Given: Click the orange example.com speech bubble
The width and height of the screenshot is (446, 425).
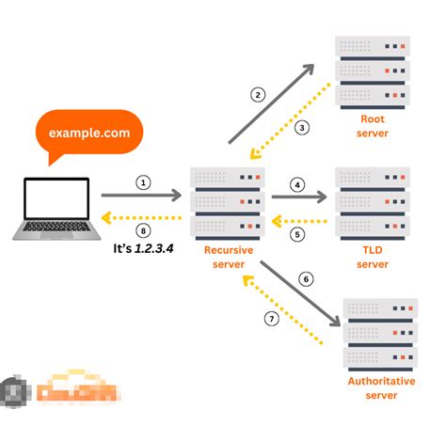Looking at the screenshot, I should tap(90, 134).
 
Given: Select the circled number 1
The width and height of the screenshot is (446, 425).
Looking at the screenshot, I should tap(143, 182).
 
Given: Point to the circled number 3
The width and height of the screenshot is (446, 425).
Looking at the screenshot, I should tap(303, 127).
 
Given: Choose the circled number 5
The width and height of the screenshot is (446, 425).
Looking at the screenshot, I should tap(297, 235).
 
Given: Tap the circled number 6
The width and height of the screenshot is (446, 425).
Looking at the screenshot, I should tap(304, 279).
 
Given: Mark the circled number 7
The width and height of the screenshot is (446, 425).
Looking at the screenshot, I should tap(271, 319).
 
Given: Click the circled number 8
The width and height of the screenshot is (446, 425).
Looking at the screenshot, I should tap(143, 230).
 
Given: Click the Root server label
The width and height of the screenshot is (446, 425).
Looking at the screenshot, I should tap(373, 126).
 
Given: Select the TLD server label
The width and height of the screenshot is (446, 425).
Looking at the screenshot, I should tap(373, 258).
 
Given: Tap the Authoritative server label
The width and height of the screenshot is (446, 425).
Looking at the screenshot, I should tap(380, 387).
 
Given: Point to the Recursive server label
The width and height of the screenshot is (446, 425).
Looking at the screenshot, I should tap(228, 258).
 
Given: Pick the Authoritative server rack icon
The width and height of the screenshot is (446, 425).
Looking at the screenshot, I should tap(380, 335).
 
